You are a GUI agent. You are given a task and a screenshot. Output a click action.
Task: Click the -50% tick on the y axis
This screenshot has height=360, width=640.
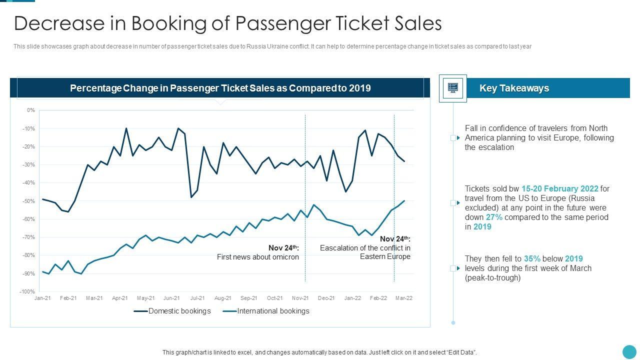(28, 201)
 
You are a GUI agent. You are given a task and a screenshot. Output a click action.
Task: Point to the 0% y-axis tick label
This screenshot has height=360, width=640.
(31, 110)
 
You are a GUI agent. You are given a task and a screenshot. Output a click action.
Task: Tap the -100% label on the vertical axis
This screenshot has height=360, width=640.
(27, 291)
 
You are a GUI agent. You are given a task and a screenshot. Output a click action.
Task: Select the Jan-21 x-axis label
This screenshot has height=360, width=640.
(42, 298)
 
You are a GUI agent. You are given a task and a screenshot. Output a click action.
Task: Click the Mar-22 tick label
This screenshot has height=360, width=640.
(404, 298)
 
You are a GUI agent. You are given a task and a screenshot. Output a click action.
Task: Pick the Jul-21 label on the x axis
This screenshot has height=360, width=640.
(197, 298)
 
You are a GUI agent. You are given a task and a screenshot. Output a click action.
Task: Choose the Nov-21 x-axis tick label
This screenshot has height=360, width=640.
(300, 298)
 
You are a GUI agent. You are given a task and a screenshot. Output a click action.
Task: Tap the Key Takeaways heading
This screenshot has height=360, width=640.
(514, 88)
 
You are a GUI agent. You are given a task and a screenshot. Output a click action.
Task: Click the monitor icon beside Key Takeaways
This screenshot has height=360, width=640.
(453, 88)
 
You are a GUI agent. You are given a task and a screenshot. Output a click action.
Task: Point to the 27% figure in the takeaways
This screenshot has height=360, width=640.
(494, 217)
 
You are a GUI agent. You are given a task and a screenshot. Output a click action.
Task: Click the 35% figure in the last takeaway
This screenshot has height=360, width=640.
(532, 259)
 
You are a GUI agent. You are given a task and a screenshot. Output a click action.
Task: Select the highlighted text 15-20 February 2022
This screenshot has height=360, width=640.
(559, 189)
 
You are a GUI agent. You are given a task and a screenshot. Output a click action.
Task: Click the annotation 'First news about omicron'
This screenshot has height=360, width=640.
(257, 257)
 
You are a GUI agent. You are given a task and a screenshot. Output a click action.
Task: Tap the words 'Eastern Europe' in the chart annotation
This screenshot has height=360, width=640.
(385, 256)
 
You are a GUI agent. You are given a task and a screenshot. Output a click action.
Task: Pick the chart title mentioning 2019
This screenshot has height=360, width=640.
(220, 88)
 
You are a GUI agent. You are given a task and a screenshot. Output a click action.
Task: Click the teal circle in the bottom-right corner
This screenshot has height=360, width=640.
(629, 351)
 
